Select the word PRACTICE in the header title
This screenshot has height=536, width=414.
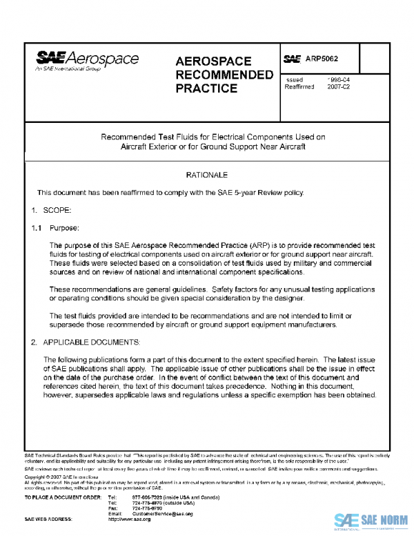206,88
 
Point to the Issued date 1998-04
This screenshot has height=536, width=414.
338,80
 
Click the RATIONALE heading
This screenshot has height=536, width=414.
206,175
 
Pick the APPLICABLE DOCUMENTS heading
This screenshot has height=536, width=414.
91,342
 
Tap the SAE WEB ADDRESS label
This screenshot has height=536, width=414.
48,519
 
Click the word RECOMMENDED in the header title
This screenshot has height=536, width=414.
224,75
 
